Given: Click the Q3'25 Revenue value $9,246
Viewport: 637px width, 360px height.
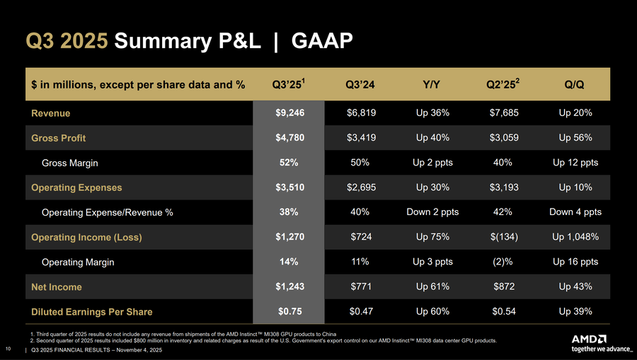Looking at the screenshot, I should (x=289, y=112).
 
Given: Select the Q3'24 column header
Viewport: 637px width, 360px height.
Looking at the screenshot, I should (x=360, y=85).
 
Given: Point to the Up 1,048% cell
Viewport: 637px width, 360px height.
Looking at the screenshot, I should (x=574, y=237).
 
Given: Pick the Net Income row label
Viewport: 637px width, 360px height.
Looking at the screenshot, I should (x=57, y=286).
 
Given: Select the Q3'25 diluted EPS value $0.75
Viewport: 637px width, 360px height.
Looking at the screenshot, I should (x=289, y=311).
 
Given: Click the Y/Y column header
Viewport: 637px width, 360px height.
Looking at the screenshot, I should (x=432, y=85).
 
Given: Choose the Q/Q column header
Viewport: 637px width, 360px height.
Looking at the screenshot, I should (x=574, y=85).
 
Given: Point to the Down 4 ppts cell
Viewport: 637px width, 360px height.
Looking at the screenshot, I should (x=574, y=212).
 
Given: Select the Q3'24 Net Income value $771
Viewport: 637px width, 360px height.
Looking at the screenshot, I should (x=360, y=286).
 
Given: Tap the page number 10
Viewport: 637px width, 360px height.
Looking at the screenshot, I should (x=8, y=349).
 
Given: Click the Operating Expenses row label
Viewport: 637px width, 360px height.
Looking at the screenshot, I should (x=76, y=187).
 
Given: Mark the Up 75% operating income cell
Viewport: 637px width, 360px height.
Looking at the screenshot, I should (x=432, y=237).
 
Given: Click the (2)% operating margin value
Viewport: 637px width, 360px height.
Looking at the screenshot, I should (x=503, y=262).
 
